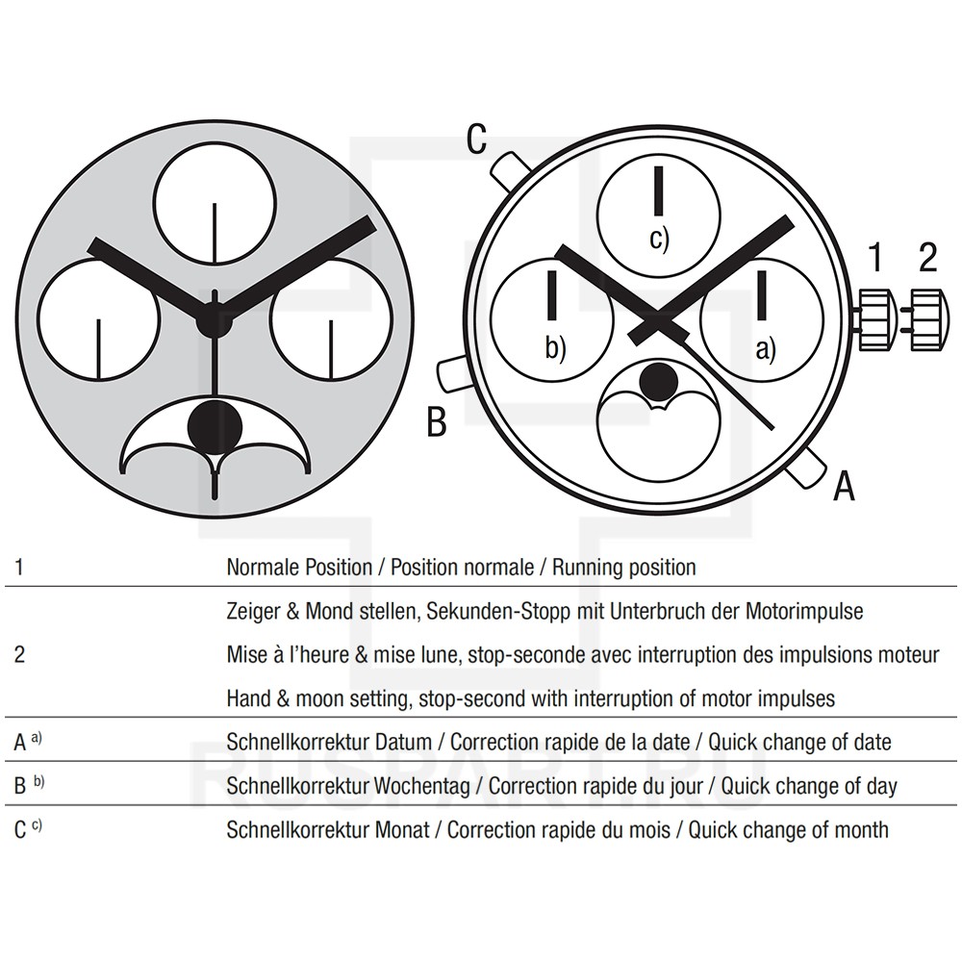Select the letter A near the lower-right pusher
843,487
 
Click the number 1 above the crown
875,257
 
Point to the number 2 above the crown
927,257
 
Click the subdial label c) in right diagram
658,240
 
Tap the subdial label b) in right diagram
555,348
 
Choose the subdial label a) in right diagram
765,350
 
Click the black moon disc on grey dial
213,424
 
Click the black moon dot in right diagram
659,382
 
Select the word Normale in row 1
260,567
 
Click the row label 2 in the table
19,655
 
